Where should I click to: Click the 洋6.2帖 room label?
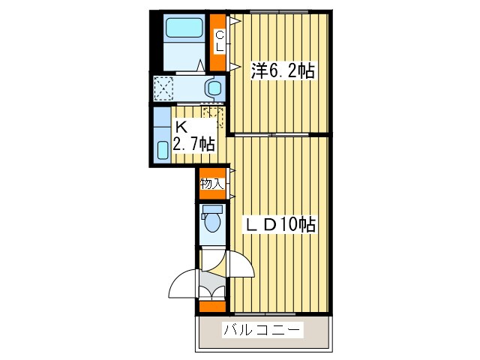[282, 72]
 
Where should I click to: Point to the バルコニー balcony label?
[262, 330]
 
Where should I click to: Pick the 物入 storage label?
[212, 183]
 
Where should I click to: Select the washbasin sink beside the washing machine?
[214, 88]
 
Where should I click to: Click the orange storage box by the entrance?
[212, 306]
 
